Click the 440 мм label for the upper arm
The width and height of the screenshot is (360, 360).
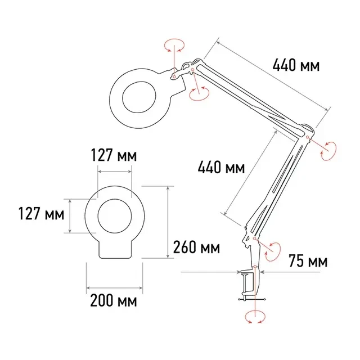296,65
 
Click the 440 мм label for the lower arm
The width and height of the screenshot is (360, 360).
221,167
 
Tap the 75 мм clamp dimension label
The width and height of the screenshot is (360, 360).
308,260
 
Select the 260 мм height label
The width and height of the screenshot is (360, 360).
196,247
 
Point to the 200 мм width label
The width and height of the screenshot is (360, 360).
114,300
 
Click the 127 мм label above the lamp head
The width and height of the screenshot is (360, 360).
114,155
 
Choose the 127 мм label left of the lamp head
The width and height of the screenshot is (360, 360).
41,214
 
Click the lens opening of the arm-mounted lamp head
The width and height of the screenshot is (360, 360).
139,97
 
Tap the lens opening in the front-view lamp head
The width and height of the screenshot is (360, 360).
115,216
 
